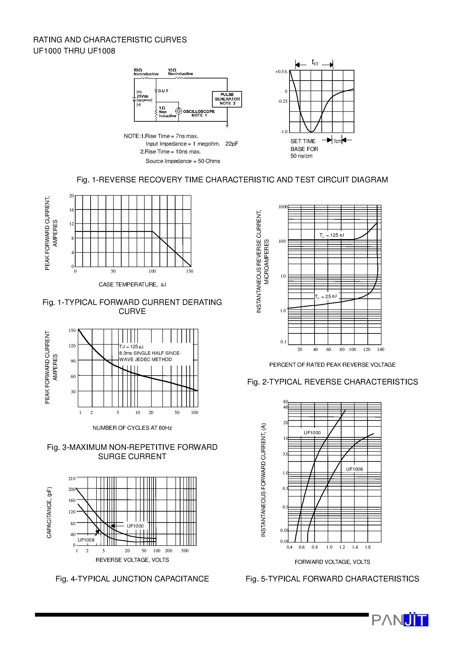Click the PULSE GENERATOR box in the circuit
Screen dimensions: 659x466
(227, 99)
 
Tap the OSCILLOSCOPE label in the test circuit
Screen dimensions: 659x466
(198, 111)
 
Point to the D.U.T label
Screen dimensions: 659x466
(163, 91)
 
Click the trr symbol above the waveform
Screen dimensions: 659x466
(315, 62)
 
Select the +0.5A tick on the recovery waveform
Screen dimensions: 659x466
(281, 72)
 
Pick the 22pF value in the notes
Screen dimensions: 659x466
(232, 144)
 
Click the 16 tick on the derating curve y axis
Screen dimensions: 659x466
(72, 210)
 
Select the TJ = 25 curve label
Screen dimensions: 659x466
(325, 297)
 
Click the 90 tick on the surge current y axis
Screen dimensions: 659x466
(73, 361)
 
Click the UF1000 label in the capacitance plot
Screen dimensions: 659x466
(135, 526)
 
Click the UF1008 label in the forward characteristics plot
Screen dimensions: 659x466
(354, 469)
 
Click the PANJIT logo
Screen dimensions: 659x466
(400, 620)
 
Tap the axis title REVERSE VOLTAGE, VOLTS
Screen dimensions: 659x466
(132, 560)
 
